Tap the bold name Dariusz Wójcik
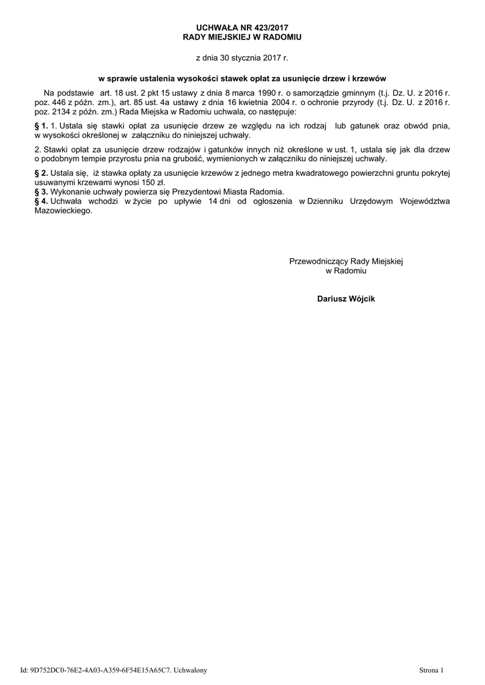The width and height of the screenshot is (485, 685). click(x=346, y=298)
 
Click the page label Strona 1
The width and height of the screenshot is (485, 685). click(x=433, y=669)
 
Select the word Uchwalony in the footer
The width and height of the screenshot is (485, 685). click(x=191, y=669)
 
